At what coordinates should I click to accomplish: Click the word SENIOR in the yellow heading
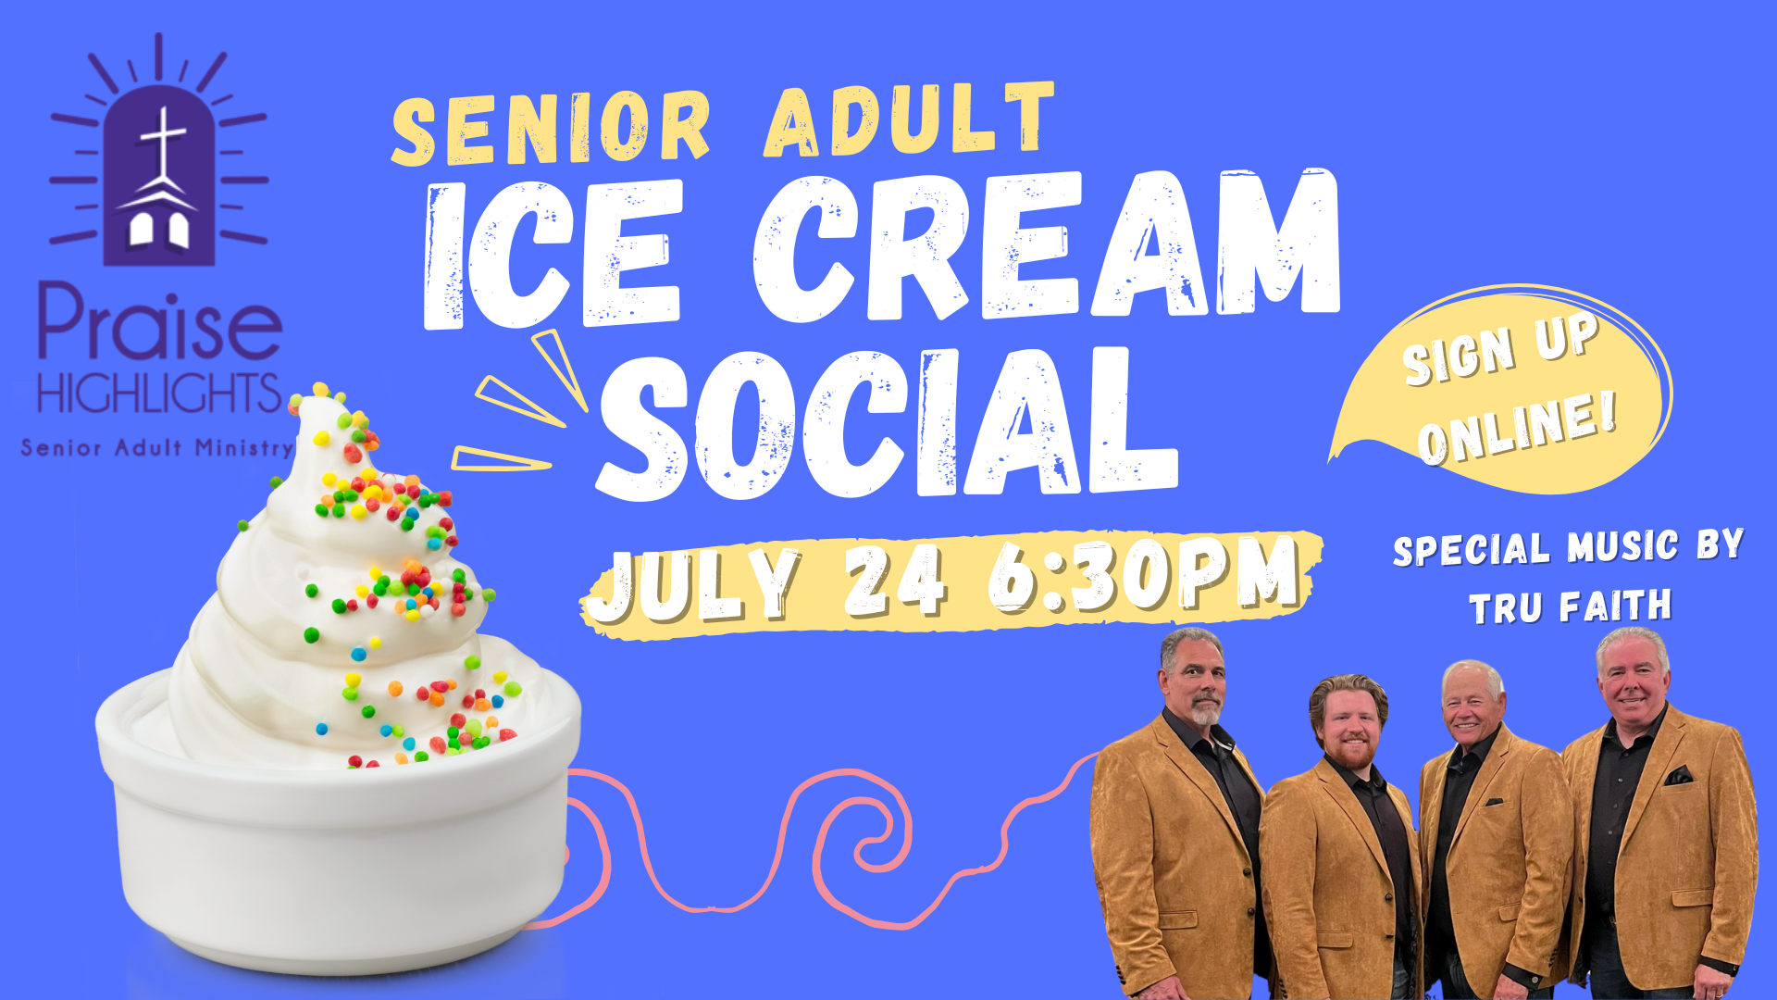point(551,130)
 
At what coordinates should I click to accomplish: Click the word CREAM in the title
point(1047,245)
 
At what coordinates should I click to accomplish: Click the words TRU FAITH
point(1571,607)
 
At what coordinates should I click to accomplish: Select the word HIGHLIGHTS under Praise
point(159,394)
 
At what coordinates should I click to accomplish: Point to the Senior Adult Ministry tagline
point(157,448)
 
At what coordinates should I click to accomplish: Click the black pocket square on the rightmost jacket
point(1679,775)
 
